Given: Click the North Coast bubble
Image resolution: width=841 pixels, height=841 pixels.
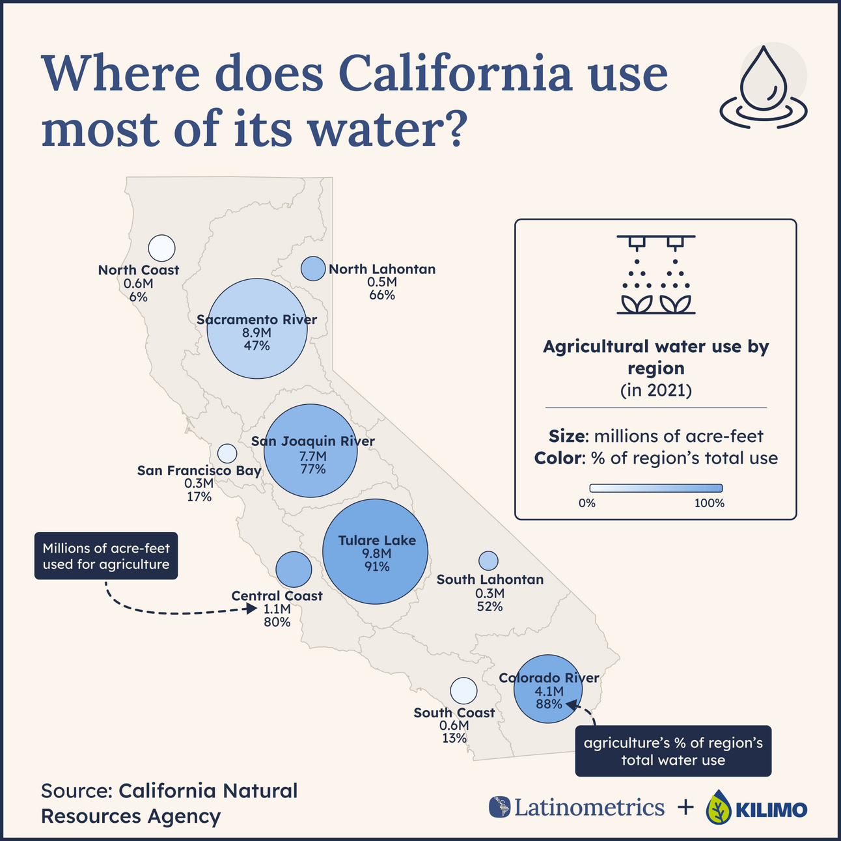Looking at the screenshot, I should pyautogui.click(x=161, y=248).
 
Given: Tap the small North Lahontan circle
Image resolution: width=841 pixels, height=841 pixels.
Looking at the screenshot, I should pyautogui.click(x=313, y=268).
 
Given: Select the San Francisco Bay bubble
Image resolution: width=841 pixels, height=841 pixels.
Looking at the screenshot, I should pyautogui.click(x=227, y=453).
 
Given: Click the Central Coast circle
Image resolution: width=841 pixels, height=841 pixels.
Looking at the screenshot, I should pyautogui.click(x=294, y=569).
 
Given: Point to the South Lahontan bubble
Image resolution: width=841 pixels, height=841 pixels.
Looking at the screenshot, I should pyautogui.click(x=488, y=560).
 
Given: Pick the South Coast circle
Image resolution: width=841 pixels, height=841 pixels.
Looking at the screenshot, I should pyautogui.click(x=463, y=691).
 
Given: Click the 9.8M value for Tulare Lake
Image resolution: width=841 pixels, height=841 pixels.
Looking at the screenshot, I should pyautogui.click(x=377, y=553).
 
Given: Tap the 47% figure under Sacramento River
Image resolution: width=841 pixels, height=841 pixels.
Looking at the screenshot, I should pyautogui.click(x=256, y=346).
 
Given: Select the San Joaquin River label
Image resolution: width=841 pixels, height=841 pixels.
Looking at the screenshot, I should pyautogui.click(x=313, y=441).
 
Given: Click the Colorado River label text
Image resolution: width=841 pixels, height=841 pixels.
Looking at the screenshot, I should pyautogui.click(x=549, y=678).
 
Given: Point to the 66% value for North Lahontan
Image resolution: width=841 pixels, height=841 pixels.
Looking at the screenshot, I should pyautogui.click(x=382, y=295).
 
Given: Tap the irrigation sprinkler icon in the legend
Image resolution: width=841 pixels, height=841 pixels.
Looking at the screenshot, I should pyautogui.click(x=655, y=274).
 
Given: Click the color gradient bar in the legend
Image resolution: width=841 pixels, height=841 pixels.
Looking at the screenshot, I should pyautogui.click(x=655, y=488).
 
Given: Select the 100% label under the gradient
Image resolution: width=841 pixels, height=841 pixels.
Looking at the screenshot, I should pyautogui.click(x=709, y=503).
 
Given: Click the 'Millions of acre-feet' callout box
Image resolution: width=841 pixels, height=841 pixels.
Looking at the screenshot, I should pyautogui.click(x=106, y=557).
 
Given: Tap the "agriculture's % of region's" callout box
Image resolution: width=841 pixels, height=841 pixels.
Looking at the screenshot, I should pyautogui.click(x=673, y=751).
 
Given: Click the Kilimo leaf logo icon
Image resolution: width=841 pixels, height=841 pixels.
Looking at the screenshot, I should pyautogui.click(x=718, y=807).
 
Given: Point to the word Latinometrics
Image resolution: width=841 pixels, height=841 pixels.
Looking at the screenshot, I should pyautogui.click(x=589, y=807).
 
